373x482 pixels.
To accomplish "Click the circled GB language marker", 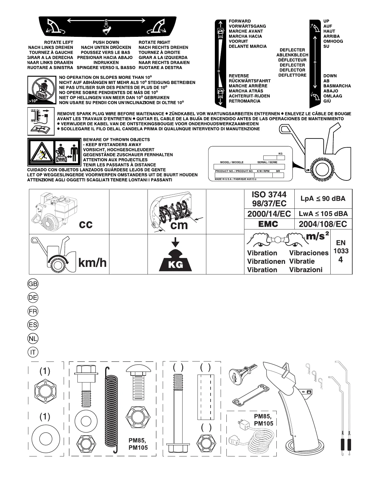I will [x=33, y=284].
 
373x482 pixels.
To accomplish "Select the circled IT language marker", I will [x=33, y=352].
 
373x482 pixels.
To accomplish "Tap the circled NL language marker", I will [x=33, y=339].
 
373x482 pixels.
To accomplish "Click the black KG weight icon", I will [x=176, y=260].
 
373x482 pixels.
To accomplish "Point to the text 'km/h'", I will [x=93, y=262].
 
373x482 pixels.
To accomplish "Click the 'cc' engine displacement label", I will [x=86, y=225].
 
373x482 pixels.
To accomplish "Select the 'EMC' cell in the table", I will [x=268, y=224].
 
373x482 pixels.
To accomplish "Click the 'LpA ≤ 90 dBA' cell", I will [x=323, y=199].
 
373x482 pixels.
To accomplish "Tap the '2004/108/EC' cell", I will [x=323, y=224].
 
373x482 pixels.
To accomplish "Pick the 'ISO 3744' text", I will [x=269, y=194].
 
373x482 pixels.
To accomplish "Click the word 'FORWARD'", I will [x=240, y=21].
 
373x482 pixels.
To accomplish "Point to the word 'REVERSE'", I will [x=239, y=76].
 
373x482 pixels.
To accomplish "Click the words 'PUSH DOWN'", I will [x=106, y=42].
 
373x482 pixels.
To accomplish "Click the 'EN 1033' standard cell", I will [x=341, y=251].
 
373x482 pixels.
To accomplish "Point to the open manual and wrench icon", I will [x=41, y=129].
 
